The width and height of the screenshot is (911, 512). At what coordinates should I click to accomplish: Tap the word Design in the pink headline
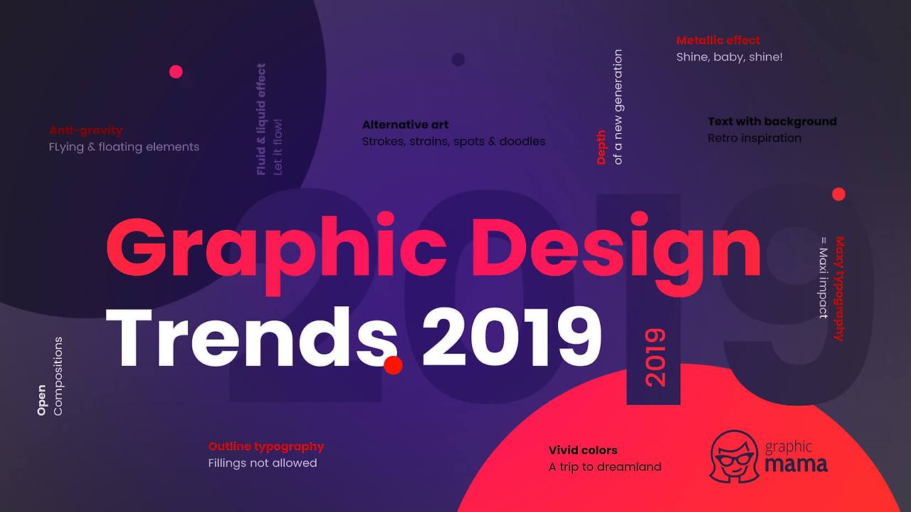(x=616, y=246)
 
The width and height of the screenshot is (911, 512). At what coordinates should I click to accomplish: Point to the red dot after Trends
(x=393, y=365)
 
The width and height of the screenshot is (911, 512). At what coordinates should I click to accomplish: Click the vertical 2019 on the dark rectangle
(x=654, y=357)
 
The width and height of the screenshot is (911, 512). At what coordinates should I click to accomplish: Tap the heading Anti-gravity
(x=86, y=130)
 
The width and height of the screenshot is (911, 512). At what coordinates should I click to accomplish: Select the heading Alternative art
(x=405, y=125)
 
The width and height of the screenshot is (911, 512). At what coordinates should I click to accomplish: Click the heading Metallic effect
(x=718, y=41)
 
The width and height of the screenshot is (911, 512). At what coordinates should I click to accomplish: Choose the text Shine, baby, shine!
(x=730, y=57)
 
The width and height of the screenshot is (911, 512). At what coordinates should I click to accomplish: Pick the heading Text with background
(x=772, y=122)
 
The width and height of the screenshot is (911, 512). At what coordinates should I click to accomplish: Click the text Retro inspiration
(x=754, y=138)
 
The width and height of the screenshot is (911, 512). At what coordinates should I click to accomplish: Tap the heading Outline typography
(x=266, y=446)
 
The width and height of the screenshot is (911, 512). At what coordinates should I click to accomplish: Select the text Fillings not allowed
(x=263, y=463)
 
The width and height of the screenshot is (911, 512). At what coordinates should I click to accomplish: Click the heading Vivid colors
(x=583, y=450)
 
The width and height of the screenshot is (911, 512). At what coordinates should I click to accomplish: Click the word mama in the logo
(x=796, y=465)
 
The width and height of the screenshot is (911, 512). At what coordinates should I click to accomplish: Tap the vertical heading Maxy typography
(x=839, y=288)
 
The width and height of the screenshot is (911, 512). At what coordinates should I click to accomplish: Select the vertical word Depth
(x=601, y=147)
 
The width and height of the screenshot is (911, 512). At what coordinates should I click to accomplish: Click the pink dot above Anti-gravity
(x=176, y=71)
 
